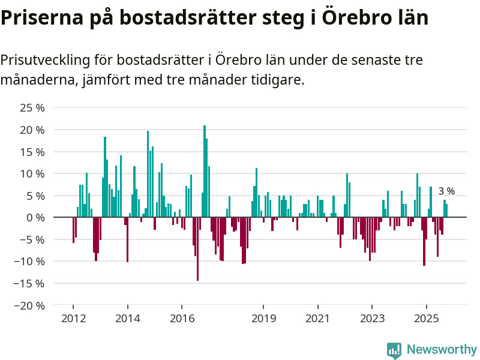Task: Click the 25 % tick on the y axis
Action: [32, 108]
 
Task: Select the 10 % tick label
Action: [32, 173]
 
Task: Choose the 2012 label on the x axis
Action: [73, 318]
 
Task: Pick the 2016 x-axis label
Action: [182, 318]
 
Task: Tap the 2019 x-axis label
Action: [263, 318]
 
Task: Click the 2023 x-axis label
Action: [371, 318]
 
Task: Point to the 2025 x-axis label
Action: [426, 318]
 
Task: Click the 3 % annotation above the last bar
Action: [446, 191]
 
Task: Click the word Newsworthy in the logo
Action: [442, 349]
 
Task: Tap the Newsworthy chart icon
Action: [394, 350]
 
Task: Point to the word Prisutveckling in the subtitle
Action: [45, 60]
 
